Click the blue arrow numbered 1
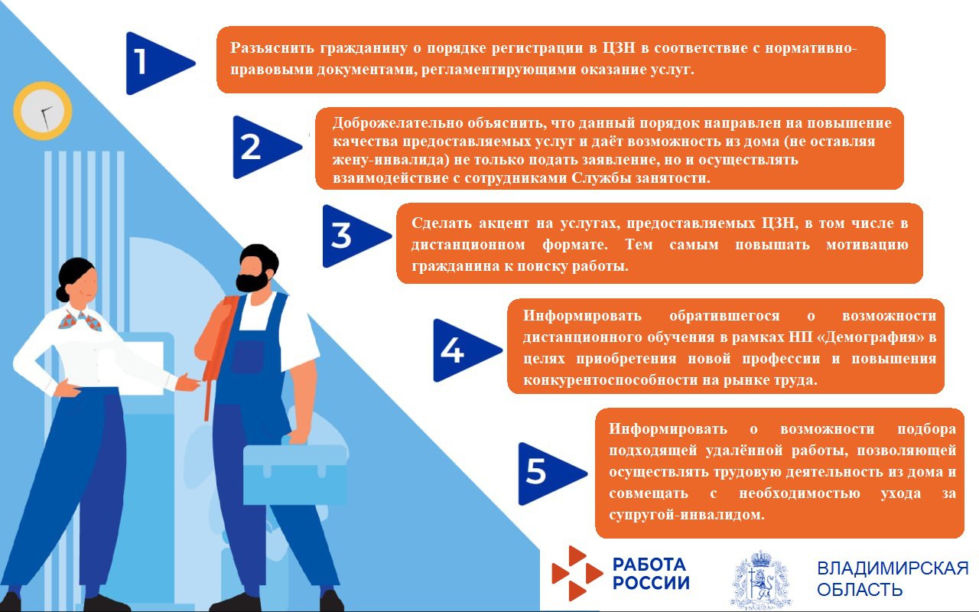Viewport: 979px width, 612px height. [157, 63]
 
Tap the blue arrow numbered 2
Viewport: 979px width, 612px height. [264, 147]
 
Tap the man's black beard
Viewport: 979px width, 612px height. [252, 281]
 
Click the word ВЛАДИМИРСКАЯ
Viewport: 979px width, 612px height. [893, 568]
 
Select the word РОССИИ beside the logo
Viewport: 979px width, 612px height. [651, 583]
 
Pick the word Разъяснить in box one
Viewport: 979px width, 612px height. [266, 49]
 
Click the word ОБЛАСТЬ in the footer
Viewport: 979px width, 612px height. [860, 590]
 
